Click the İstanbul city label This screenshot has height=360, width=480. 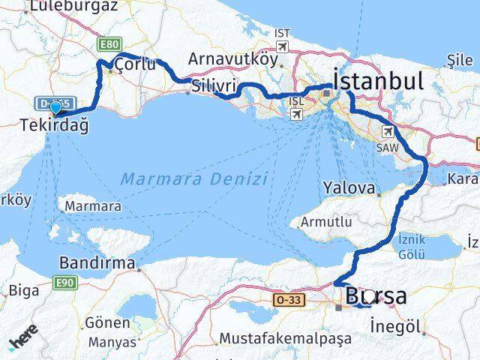pos(379,80)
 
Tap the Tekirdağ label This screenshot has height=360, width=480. pos(55,125)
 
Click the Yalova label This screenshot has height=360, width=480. pos(349,186)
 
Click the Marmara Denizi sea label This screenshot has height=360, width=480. pos(193,179)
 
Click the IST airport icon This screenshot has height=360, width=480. pos(282,46)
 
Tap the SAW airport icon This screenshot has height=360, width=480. pos(388,132)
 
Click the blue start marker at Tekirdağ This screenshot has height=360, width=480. pos(55,108)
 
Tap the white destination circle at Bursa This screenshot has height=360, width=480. pos(369,296)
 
